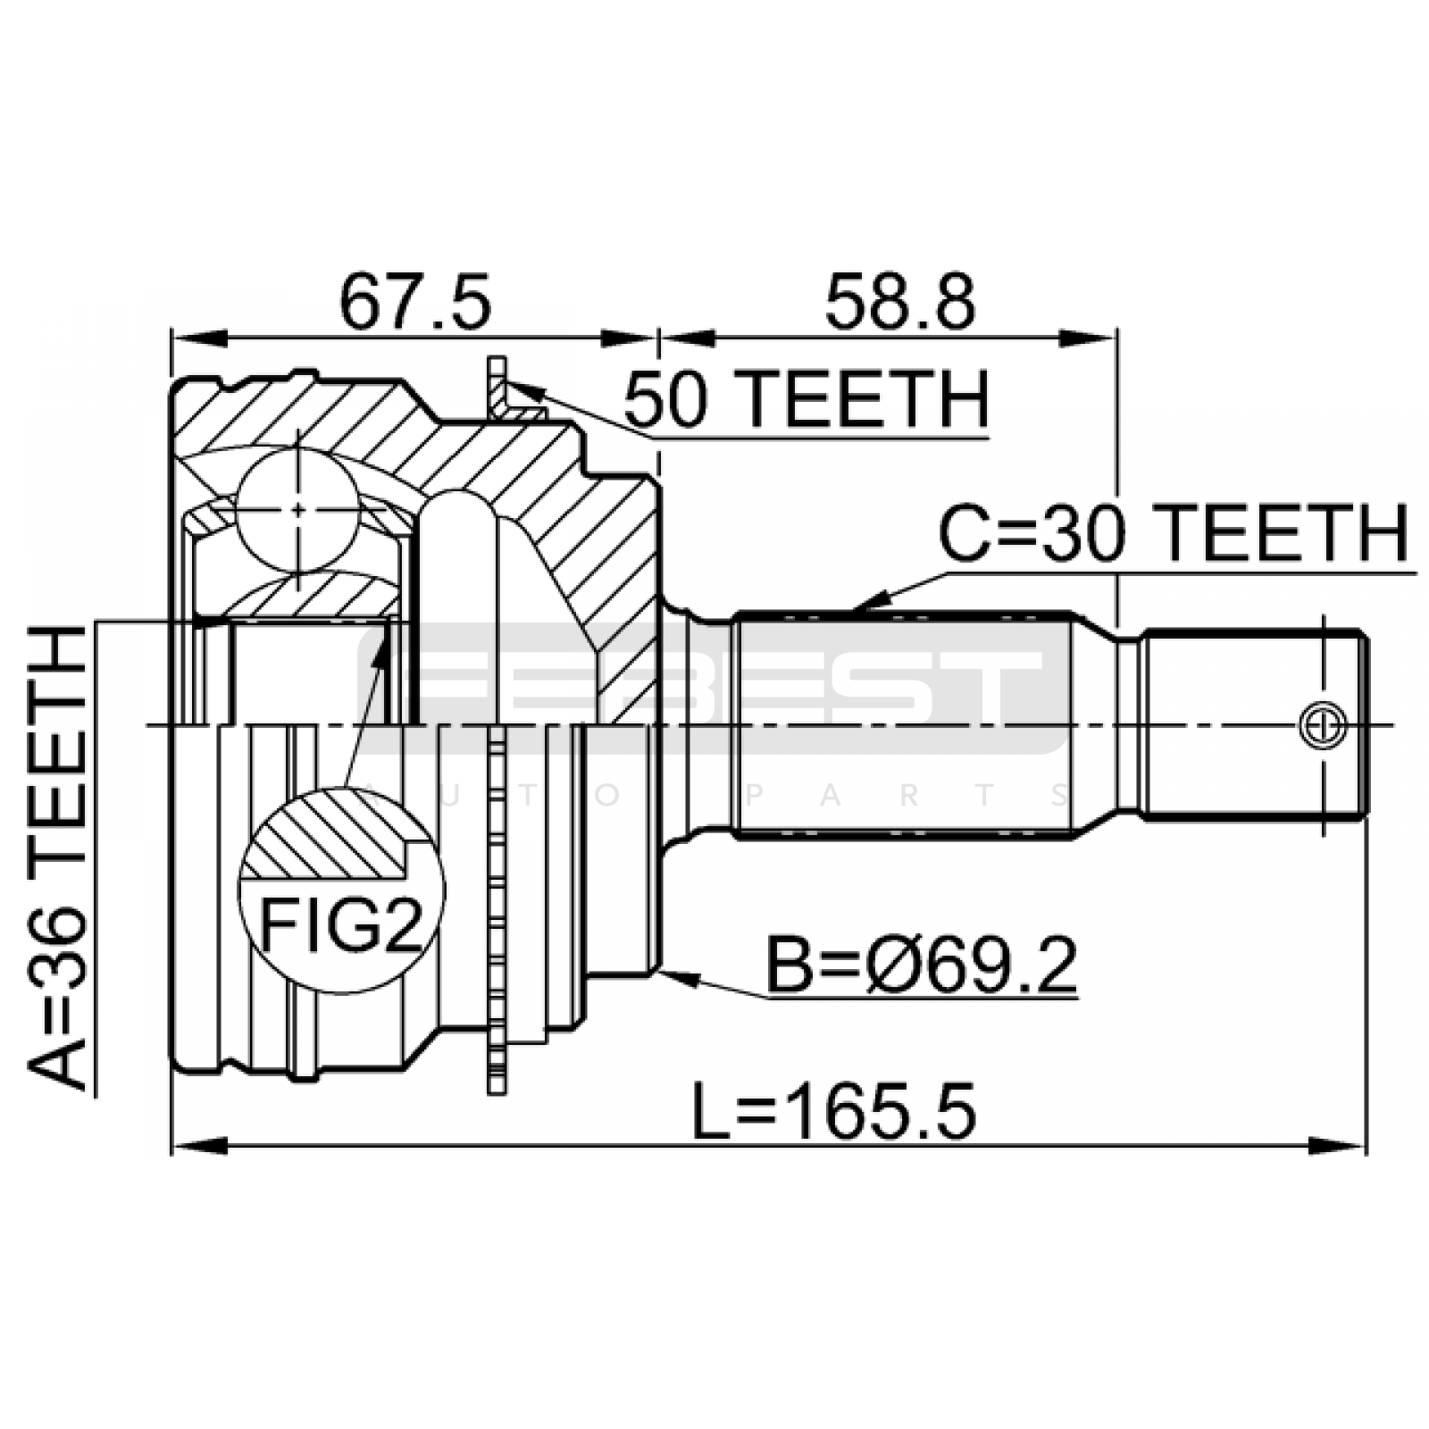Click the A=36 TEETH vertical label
pos(59,857)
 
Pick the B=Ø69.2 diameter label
pos(922,965)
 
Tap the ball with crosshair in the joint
pos(298,510)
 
